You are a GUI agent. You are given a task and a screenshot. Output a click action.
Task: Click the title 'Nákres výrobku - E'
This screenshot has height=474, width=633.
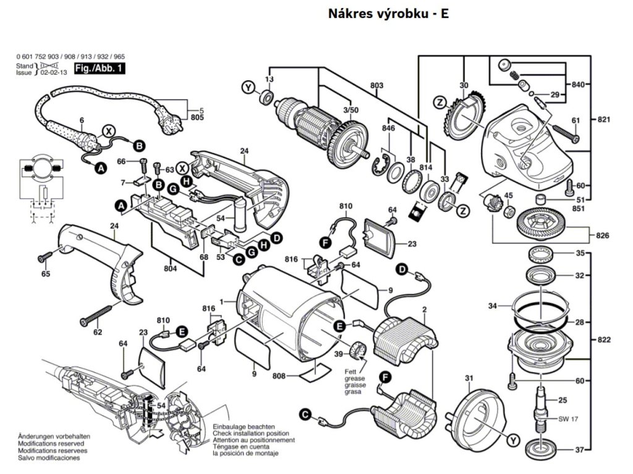(x=388, y=14)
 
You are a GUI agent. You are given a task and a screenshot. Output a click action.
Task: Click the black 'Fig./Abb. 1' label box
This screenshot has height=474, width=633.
(x=99, y=69)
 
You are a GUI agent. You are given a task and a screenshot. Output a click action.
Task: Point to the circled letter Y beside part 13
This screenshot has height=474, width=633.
(x=249, y=88)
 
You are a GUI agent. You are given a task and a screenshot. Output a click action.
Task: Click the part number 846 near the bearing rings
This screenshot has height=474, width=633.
(x=388, y=128)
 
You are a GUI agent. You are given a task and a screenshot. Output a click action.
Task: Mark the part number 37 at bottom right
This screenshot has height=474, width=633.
(x=580, y=449)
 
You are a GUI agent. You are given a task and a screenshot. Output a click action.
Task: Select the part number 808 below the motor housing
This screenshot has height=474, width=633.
(x=278, y=375)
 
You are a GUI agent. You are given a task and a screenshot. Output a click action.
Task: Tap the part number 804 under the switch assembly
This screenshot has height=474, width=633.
(x=171, y=268)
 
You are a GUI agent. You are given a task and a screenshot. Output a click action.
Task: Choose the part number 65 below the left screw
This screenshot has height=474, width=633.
(x=45, y=274)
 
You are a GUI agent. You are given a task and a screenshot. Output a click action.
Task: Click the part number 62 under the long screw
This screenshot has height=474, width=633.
(x=98, y=332)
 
